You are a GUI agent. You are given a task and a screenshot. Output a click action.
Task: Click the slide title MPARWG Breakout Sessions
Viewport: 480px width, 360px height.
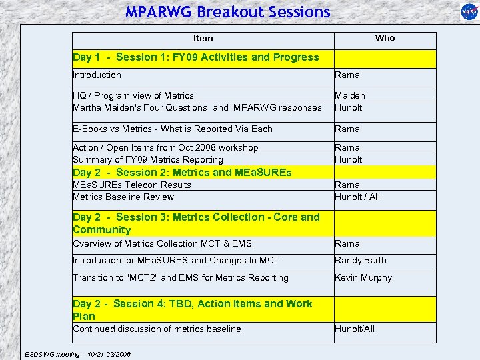[227, 12]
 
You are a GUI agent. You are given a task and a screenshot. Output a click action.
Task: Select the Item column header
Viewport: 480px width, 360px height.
[203, 39]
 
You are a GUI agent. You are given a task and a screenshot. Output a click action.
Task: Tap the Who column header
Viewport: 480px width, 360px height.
[385, 39]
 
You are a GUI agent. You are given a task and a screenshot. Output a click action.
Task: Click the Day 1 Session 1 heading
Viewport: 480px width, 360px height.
[196, 57]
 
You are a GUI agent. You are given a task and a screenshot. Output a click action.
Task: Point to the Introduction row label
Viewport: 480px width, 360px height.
[97, 75]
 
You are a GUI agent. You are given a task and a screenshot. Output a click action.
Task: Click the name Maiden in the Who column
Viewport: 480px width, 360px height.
[350, 96]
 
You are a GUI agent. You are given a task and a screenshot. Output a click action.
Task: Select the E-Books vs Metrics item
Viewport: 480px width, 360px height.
[173, 129]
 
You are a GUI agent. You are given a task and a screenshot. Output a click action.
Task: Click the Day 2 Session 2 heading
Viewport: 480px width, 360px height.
[182, 173]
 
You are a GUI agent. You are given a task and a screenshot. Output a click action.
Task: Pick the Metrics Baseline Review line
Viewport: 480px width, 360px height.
[123, 197]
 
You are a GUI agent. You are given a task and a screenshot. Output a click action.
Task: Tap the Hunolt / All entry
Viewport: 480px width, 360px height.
[357, 197]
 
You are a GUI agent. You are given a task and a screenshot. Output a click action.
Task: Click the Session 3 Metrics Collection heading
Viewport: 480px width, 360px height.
[196, 223]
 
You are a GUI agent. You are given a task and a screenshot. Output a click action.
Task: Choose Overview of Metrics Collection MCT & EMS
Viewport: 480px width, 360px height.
[162, 244]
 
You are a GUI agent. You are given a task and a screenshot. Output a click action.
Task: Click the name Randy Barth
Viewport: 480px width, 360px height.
[361, 261]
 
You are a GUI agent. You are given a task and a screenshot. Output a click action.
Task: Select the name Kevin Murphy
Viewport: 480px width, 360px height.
[363, 278]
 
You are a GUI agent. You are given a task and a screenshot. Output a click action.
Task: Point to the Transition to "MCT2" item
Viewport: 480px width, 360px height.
[181, 278]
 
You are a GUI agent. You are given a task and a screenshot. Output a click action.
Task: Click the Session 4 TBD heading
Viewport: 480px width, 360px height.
[192, 310]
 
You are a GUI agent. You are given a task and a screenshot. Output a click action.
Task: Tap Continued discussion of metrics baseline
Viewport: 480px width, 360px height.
[157, 329]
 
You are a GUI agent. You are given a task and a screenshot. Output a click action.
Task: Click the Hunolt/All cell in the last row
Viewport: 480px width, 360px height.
[355, 329]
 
